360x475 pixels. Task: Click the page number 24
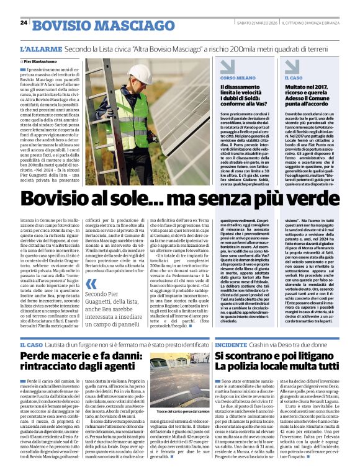(x=24, y=23)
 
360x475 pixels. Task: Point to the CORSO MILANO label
(x=238, y=78)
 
